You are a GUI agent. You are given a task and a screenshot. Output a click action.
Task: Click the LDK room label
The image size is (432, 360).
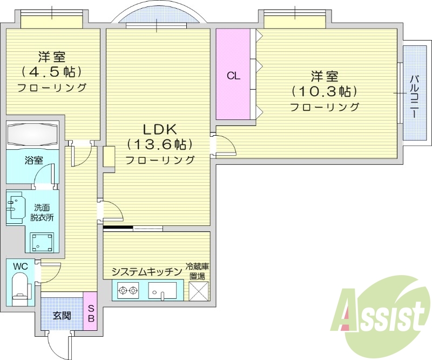(x=160, y=130)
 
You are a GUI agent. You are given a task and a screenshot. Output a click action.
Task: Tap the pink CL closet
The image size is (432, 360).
(x=233, y=75)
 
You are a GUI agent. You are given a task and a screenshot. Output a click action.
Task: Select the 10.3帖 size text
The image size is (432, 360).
(x=325, y=91)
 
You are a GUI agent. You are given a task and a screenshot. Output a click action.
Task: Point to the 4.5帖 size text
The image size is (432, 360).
(x=52, y=71)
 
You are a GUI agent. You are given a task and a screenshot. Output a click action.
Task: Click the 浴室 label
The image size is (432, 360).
(x=33, y=160)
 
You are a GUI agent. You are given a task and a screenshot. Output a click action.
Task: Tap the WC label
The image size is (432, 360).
(x=21, y=266)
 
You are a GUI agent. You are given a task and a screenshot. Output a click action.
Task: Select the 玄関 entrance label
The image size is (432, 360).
(x=62, y=316)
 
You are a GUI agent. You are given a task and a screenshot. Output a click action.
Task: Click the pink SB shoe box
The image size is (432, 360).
(x=91, y=312)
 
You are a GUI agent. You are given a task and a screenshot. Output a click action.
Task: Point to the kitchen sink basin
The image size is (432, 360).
(x=162, y=292)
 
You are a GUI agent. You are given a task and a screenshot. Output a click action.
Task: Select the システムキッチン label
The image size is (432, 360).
(x=146, y=272)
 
